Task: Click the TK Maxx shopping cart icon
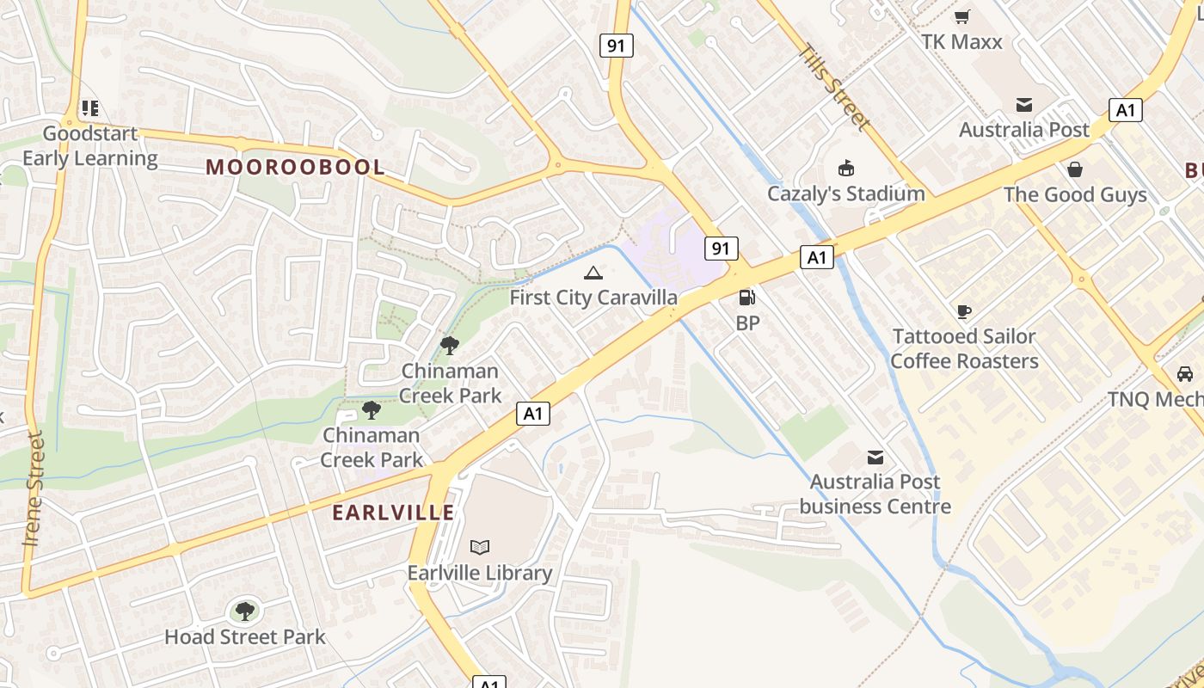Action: pos(962,16)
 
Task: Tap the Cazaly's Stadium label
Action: pos(846,193)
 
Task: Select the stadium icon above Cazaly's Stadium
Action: pos(846,167)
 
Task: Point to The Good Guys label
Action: pos(1075,194)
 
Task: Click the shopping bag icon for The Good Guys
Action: pos(1074,169)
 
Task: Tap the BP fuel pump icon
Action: pos(747,298)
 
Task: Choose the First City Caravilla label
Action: pos(593,298)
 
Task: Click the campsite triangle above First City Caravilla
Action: pos(593,273)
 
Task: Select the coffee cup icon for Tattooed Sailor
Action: pos(964,311)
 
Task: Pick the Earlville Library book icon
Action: pos(480,547)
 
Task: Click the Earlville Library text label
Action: pos(480,573)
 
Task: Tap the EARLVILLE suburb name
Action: pos(393,513)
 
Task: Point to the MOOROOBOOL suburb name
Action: pos(295,167)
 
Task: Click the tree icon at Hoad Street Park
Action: pos(245,611)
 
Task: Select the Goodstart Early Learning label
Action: pos(90,146)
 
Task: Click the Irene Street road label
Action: pos(34,488)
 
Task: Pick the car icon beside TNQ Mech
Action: pos(1184,374)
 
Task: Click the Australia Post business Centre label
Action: pos(875,494)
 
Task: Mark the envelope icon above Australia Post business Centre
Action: pos(875,457)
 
